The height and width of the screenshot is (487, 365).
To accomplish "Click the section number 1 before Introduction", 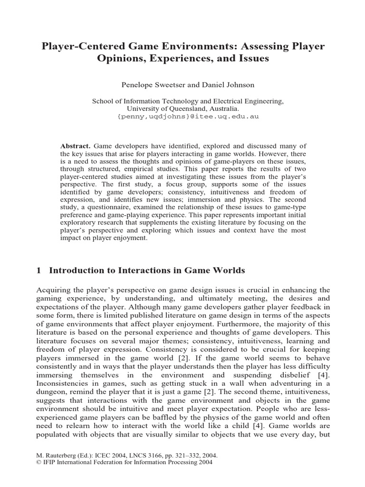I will (x=39, y=271).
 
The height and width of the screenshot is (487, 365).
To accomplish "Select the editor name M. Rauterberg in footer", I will (x=58, y=455).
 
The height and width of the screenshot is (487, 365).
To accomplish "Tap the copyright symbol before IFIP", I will (x=39, y=462).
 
